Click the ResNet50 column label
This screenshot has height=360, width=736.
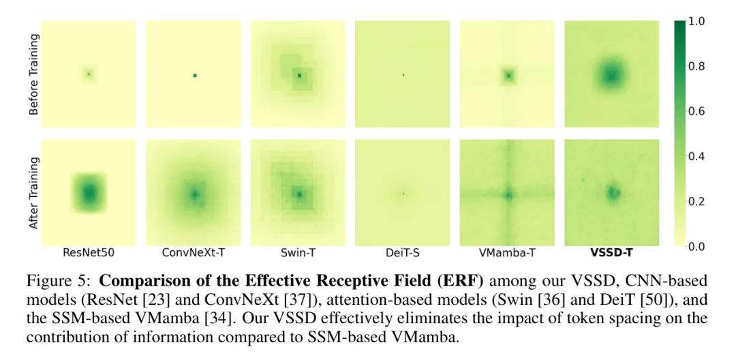[89, 253]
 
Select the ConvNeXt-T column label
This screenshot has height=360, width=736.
[194, 253]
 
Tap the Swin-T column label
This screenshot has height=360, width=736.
[298, 253]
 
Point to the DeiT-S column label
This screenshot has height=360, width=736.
[403, 253]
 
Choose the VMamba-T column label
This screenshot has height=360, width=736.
[507, 253]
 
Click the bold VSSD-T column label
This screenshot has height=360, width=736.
[611, 253]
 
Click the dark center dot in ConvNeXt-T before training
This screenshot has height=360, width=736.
[195, 75]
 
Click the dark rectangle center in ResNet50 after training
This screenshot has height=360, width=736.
[89, 194]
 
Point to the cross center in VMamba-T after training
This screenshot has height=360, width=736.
[508, 194]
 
